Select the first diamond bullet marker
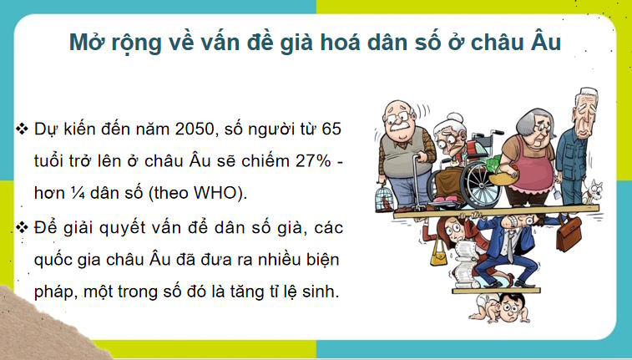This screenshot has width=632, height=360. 23,131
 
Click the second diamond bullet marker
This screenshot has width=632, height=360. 23,225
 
